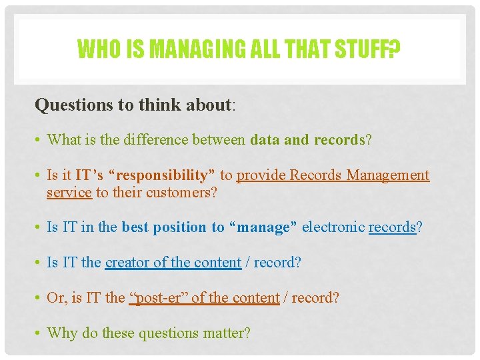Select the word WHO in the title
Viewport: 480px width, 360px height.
pos(95,49)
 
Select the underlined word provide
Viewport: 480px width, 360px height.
pos(259,175)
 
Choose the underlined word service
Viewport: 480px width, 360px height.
pos(69,192)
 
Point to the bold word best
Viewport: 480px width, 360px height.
pos(135,227)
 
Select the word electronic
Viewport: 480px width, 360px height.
pos(333,227)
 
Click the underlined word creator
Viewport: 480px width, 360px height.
pos(127,263)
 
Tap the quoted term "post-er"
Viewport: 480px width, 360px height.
pos(158,297)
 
